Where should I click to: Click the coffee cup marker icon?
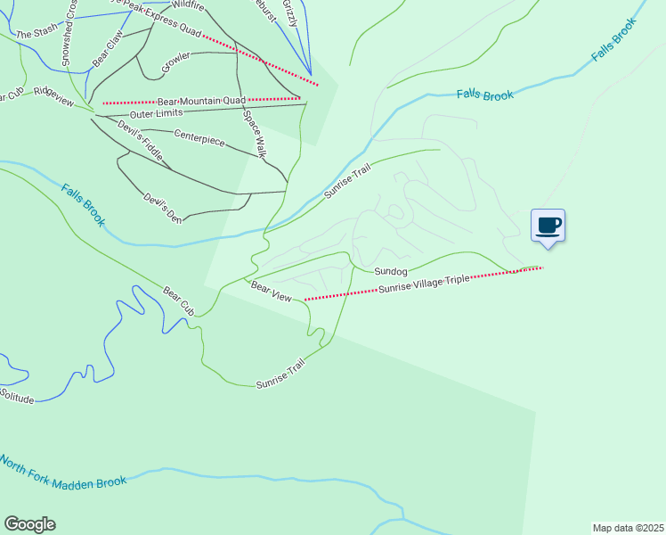(548, 225)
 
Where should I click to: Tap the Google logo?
(29, 524)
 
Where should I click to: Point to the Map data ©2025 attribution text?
(628, 528)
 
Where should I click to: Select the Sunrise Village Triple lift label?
(423, 284)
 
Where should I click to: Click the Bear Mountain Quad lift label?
(201, 101)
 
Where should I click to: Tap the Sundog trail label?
(390, 271)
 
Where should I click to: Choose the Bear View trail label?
(271, 291)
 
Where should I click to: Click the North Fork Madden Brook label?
(62, 473)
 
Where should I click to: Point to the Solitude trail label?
(17, 396)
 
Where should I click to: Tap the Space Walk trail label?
(256, 135)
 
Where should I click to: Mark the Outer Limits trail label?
(156, 113)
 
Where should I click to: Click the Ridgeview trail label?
(53, 95)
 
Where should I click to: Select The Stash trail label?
(36, 34)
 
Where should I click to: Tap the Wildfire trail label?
(187, 5)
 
